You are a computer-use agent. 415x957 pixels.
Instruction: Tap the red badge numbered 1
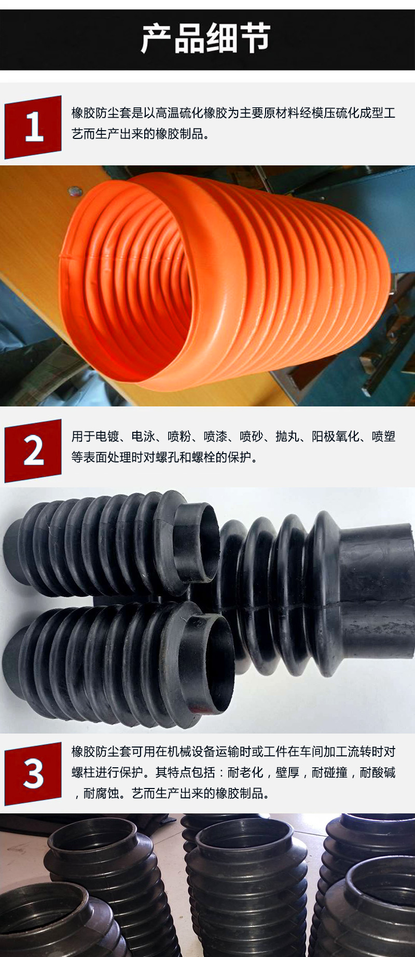33,127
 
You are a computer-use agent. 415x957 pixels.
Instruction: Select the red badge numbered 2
33,451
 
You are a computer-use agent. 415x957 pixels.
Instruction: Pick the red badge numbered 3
33,773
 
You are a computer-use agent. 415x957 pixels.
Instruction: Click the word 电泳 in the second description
143,437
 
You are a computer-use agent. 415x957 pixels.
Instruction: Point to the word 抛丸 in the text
287,437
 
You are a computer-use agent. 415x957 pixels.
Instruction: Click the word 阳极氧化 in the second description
335,437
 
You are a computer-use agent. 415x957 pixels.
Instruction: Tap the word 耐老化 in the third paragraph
245,772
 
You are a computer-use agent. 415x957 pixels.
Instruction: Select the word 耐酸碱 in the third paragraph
378,772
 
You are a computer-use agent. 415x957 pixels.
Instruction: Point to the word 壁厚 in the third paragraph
287,772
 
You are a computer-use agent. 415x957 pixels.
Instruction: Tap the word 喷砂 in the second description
252,437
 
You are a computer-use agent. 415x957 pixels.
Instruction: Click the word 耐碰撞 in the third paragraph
329,772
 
